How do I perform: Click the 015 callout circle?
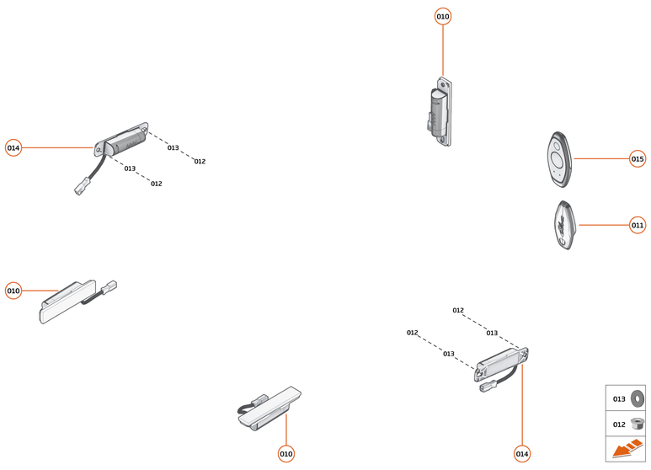tap(638, 158)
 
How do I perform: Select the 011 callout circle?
tap(638, 225)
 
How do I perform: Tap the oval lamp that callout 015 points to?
tap(558, 158)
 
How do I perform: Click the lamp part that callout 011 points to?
tap(563, 225)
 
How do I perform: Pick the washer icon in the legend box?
tap(637, 398)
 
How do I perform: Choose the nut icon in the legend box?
tap(637, 424)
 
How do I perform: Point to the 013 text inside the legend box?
tap(618, 398)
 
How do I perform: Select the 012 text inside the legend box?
tap(618, 424)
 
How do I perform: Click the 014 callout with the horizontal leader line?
tap(13, 148)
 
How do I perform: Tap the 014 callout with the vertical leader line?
tap(522, 454)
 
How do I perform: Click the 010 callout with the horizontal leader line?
tap(13, 291)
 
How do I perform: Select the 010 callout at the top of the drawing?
tap(443, 17)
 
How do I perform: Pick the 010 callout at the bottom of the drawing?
tap(286, 454)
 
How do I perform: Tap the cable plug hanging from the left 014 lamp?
tap(81, 188)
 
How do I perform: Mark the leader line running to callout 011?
tap(603, 225)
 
